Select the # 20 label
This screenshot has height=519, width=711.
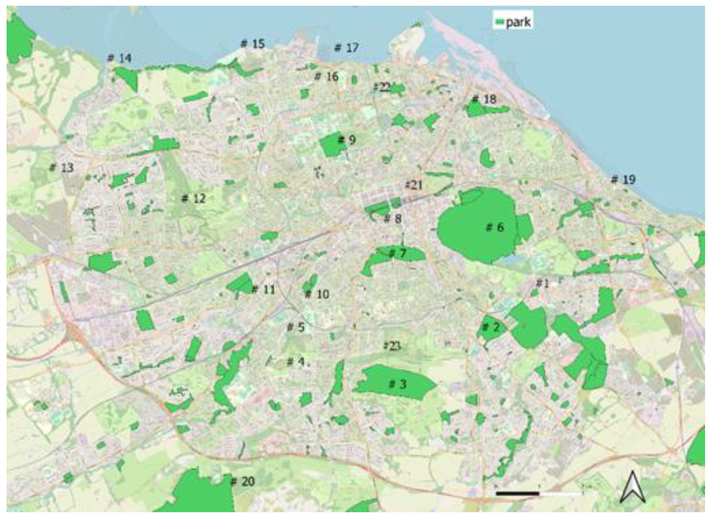click(243, 481)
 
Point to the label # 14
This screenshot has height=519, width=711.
click(119, 58)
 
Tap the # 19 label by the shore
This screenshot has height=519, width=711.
click(623, 179)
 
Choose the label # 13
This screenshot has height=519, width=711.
click(62, 168)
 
